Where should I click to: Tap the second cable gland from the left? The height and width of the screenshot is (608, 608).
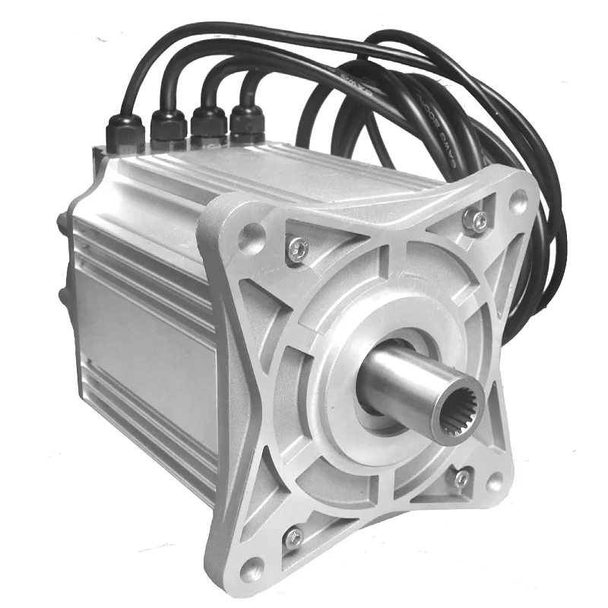click(169, 127)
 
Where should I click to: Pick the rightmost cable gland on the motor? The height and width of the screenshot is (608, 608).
click(247, 122)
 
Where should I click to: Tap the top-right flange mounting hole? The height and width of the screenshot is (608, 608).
click(518, 200)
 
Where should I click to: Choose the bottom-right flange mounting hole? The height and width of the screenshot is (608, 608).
click(495, 483)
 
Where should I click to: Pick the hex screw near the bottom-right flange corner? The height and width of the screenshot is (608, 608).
click(462, 477)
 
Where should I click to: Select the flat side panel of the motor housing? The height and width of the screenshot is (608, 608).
click(144, 342)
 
